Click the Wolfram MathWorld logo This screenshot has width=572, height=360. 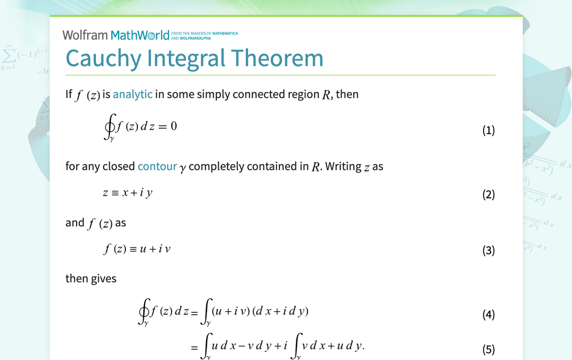116,35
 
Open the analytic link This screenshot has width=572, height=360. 132,94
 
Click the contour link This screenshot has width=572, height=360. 157,166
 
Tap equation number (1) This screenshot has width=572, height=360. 488,130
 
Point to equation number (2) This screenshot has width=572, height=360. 488,194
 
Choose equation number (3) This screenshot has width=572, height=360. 488,250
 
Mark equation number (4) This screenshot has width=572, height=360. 488,314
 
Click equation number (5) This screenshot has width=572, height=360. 488,349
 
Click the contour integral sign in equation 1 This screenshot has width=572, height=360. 109,128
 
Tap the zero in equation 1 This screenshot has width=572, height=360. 174,126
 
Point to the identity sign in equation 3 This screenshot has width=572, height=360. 133,249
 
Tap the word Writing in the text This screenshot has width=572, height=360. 343,166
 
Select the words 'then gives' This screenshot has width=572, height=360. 91,278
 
